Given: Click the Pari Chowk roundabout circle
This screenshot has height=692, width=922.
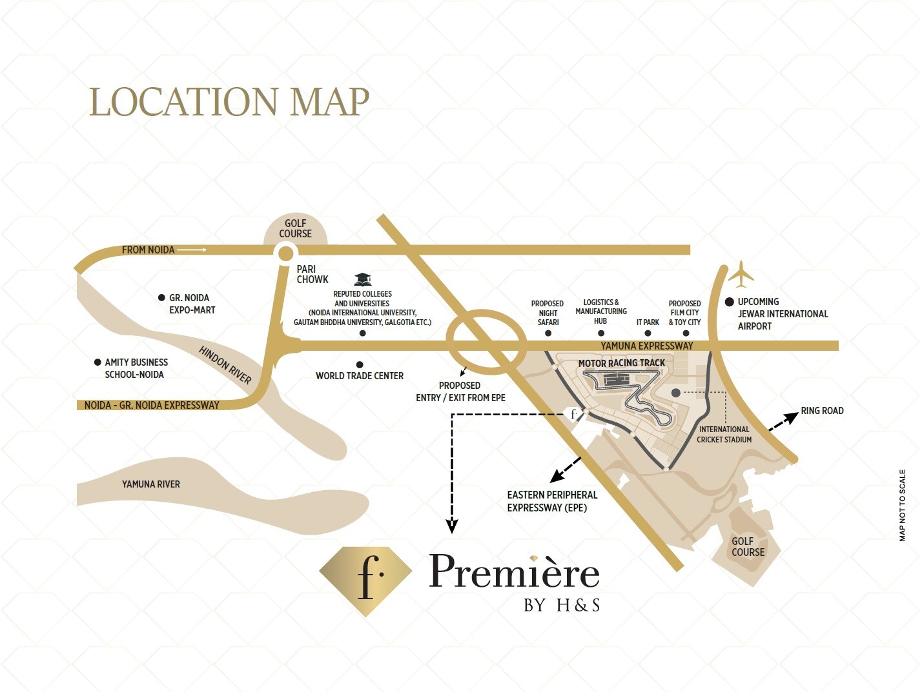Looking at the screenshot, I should point(285,253).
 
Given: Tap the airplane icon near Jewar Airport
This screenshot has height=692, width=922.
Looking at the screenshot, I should point(741,274).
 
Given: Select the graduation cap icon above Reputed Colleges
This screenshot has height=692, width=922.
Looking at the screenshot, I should point(363,279).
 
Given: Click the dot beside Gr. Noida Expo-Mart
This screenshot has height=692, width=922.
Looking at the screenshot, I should point(161,298).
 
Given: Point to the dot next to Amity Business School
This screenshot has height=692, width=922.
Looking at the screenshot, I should point(97,362).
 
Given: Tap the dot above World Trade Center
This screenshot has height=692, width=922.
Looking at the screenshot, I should point(360,365).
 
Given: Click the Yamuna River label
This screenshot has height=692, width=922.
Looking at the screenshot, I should point(151,484).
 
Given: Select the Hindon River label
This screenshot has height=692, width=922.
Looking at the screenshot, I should point(225,365).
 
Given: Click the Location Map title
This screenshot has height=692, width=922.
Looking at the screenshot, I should point(229,102).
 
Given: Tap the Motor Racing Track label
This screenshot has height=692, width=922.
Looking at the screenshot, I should point(621,363).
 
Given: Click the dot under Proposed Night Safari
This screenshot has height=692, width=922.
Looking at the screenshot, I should point(548,333).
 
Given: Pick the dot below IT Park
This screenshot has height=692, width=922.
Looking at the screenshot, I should point(648,333).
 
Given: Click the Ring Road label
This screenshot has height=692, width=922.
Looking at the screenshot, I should point(822,411).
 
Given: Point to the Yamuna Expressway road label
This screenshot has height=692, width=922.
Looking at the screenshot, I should point(647,346).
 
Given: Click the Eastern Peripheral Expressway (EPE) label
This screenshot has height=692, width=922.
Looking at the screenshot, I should point(552,501).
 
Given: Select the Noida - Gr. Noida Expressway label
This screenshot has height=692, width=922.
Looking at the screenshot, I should point(152,406).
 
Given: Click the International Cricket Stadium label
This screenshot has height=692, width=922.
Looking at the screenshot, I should point(724,435).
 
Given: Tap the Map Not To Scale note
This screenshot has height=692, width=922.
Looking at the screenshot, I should point(903,505).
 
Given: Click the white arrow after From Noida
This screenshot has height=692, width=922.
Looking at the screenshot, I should point(192,250).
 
